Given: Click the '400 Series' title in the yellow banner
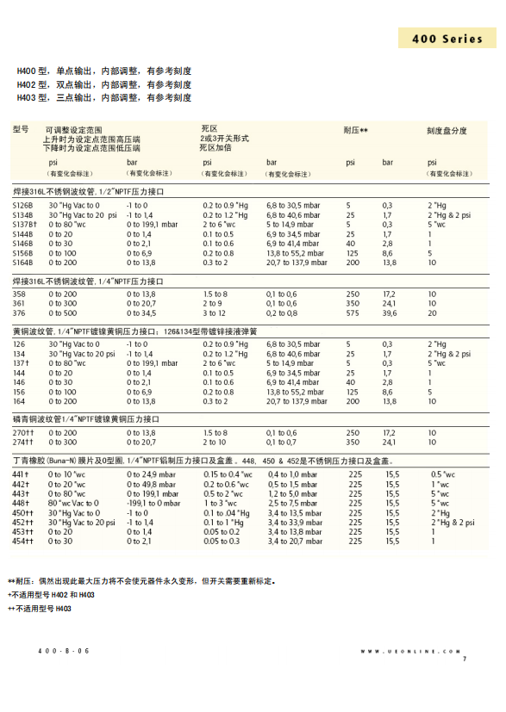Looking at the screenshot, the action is point(447,40).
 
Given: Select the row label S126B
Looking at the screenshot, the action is point(22,206).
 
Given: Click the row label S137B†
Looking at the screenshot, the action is point(24,224).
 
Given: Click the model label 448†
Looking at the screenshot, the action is point(21,502).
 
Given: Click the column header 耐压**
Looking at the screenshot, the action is point(356,130).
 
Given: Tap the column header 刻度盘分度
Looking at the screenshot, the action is point(447,131).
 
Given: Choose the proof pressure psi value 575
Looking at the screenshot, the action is point(352,313).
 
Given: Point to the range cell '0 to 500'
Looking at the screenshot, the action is point(61,313).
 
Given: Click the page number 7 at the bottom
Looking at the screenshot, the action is point(464,659).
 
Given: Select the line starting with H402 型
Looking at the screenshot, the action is point(104,84).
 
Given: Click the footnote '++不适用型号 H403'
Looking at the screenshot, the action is point(40,609).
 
